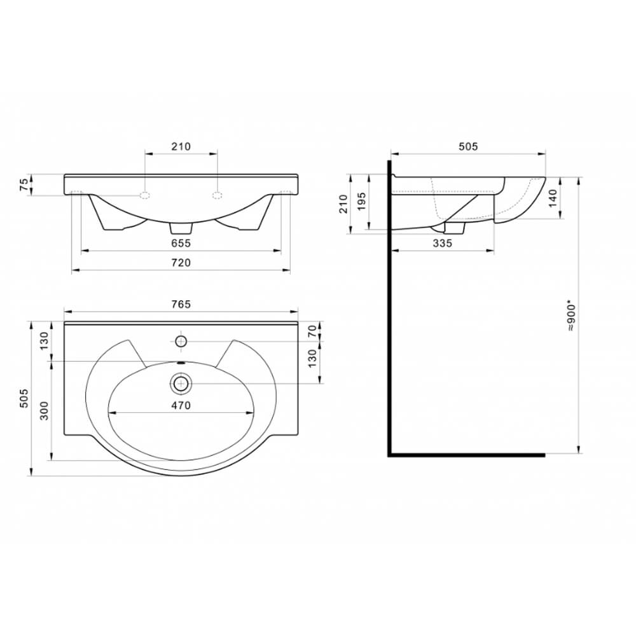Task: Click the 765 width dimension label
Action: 181,304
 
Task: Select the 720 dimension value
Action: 181,263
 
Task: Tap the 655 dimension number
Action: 181,244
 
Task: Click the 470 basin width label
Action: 181,405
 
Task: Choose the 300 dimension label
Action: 45,410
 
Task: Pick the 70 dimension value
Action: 312,331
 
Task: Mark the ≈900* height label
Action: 571,315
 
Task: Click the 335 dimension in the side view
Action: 442,244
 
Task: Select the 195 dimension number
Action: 361,201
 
